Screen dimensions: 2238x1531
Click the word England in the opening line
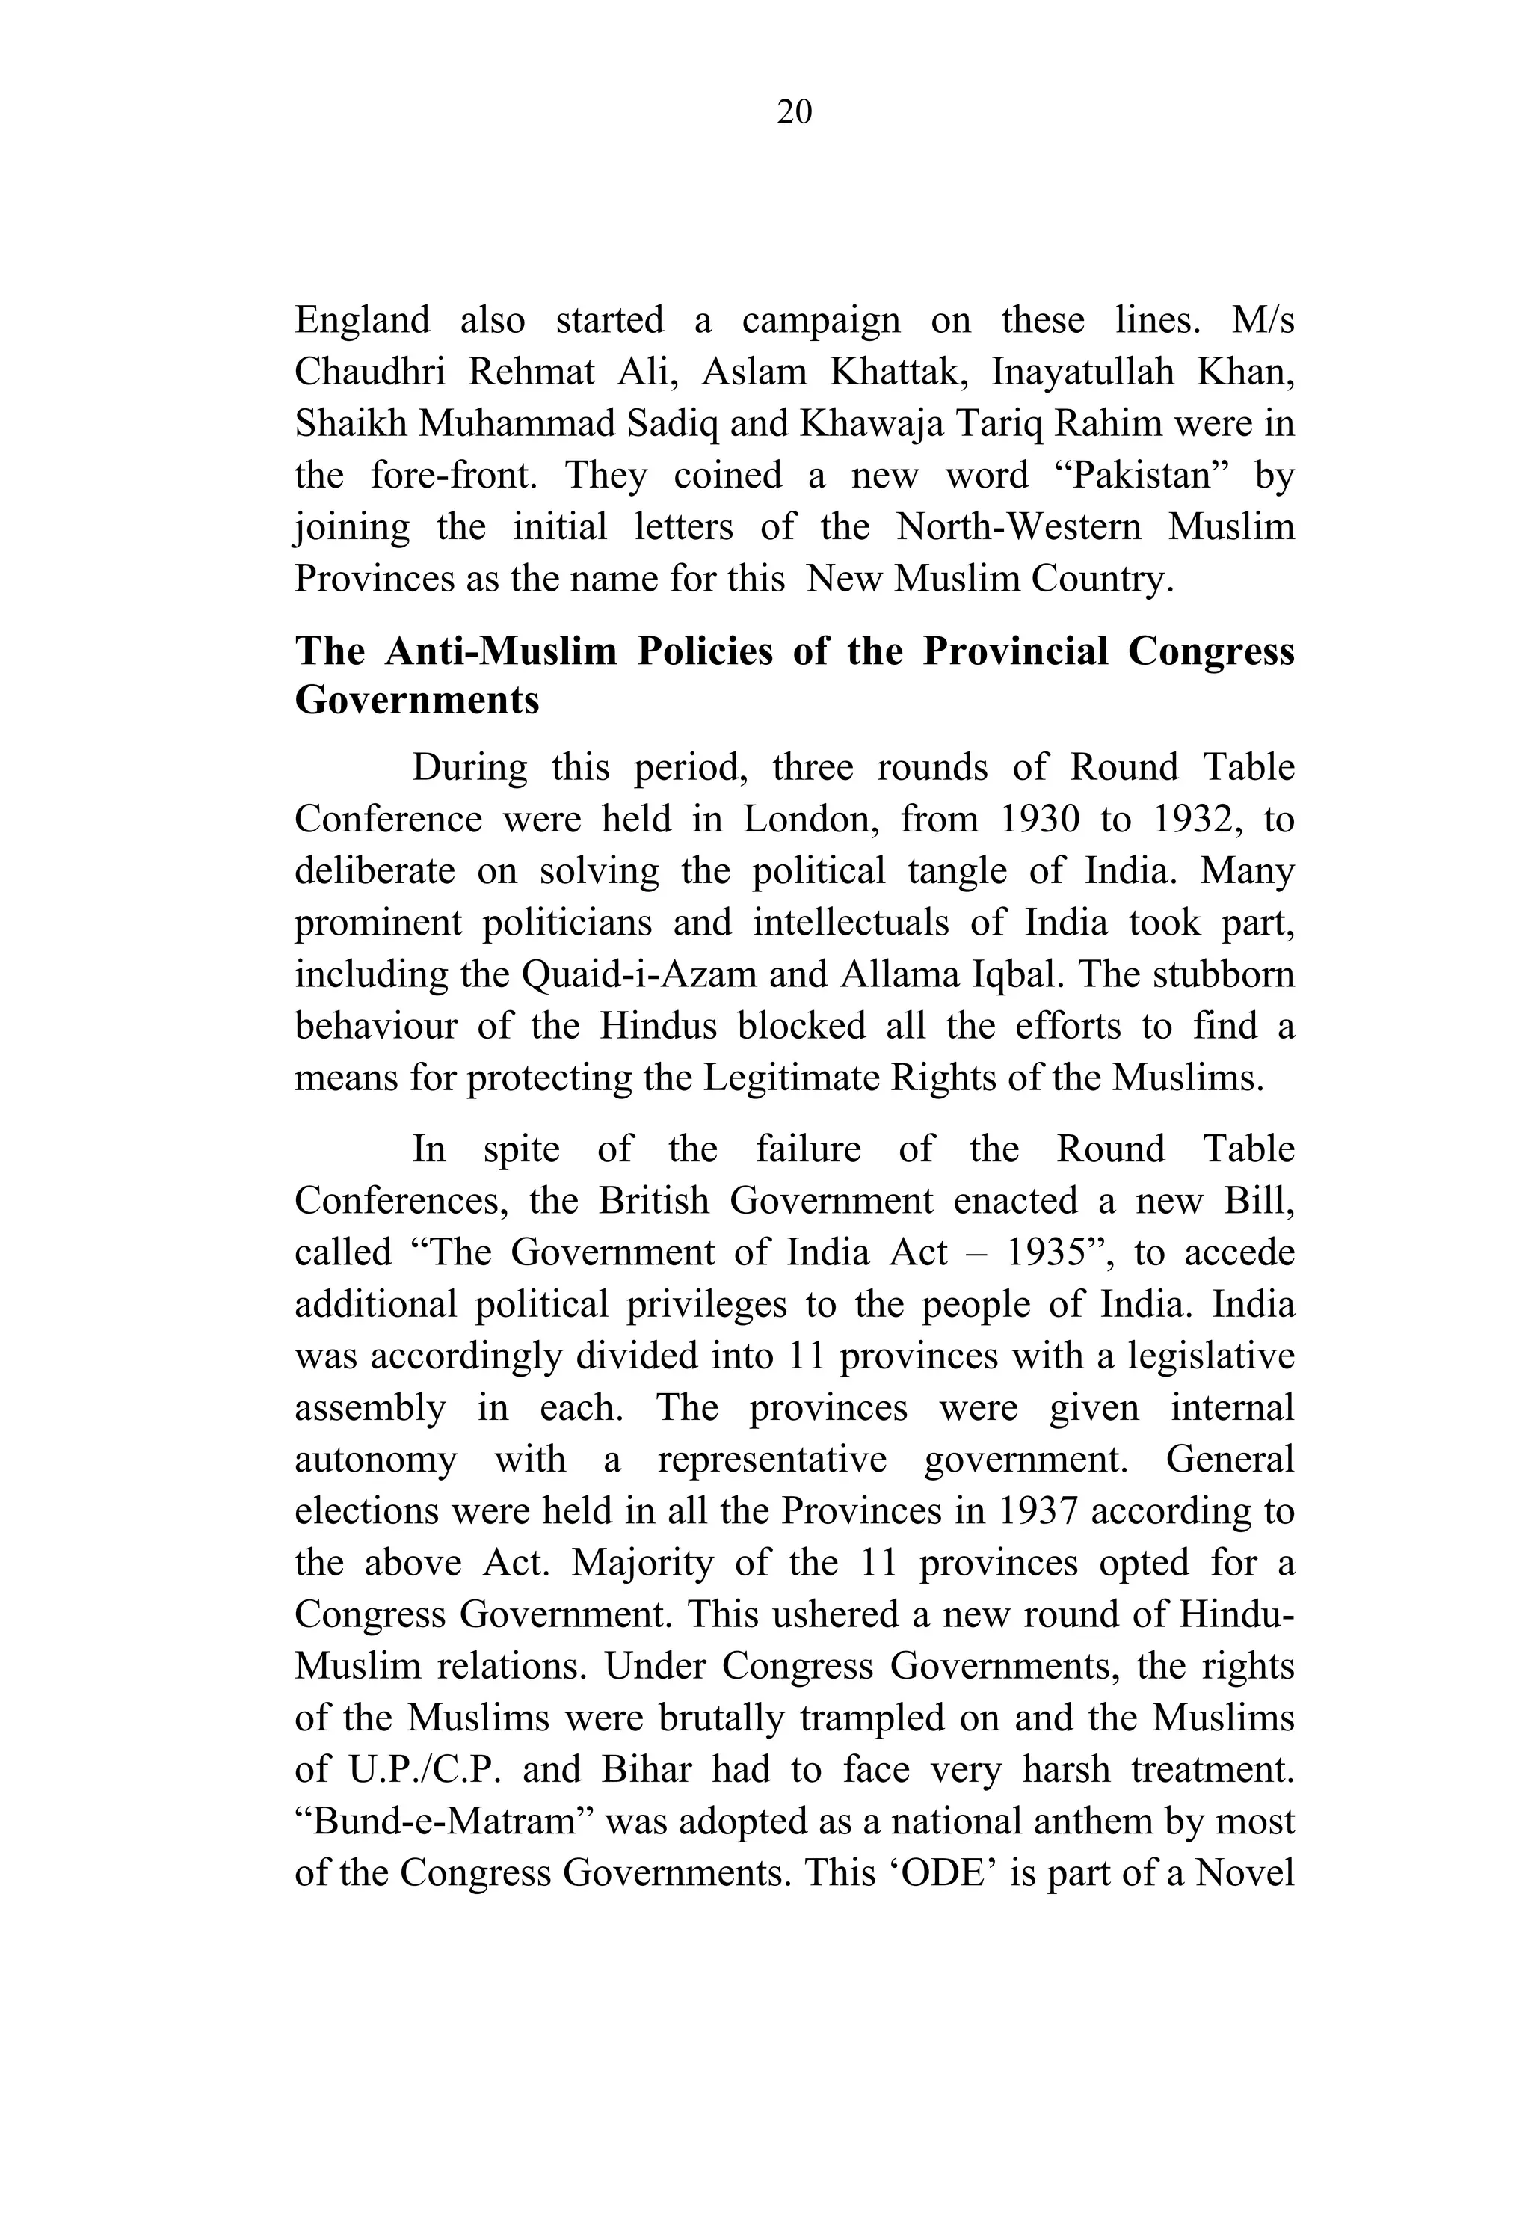pyautogui.click(x=361, y=321)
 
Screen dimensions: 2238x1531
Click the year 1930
pyautogui.click(x=1039, y=820)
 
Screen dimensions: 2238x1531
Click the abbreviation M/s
pyautogui.click(x=1263, y=321)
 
